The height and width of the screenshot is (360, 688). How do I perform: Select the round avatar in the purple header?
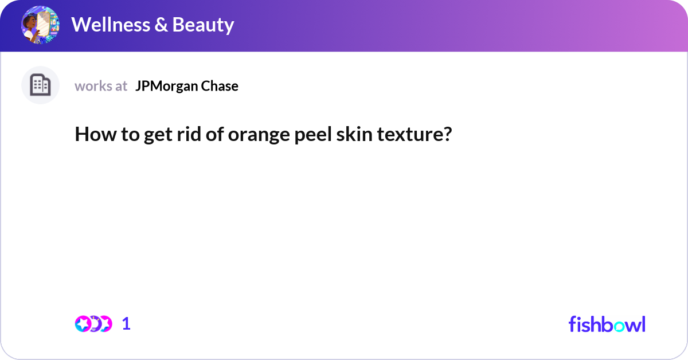click(x=40, y=25)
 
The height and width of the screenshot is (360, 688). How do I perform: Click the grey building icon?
click(x=40, y=85)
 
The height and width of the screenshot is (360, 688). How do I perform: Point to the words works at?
click(x=101, y=86)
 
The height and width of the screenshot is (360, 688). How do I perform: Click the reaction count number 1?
click(x=126, y=324)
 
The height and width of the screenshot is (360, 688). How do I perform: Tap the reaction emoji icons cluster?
click(x=93, y=324)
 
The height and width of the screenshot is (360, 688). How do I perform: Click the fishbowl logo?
click(x=607, y=324)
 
